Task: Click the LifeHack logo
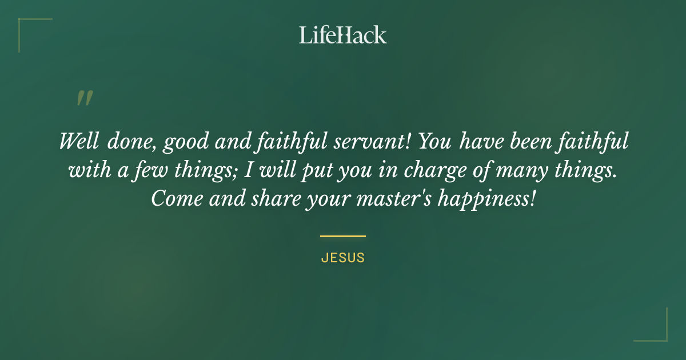pyautogui.click(x=342, y=35)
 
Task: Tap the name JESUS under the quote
pyautogui.click(x=342, y=258)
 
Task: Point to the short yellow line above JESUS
pyautogui.click(x=342, y=235)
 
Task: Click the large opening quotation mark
pyautogui.click(x=84, y=98)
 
